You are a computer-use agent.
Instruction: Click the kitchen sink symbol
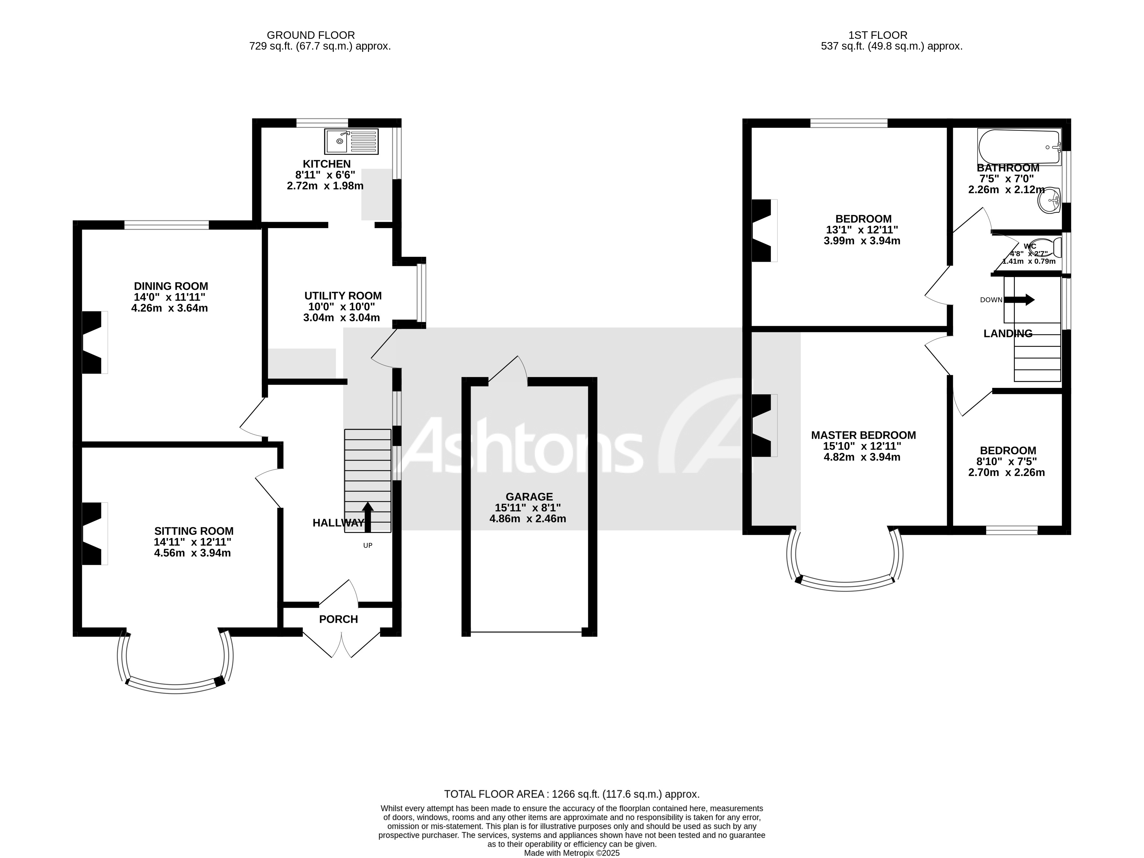click(351, 141)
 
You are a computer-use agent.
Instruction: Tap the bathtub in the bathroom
click(1018, 147)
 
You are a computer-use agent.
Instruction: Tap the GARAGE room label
click(529, 497)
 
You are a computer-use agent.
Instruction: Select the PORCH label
click(338, 619)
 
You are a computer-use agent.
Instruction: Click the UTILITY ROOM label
click(343, 296)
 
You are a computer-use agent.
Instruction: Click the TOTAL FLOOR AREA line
click(572, 794)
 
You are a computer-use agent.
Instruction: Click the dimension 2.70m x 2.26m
click(1006, 472)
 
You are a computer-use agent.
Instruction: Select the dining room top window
click(167, 224)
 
